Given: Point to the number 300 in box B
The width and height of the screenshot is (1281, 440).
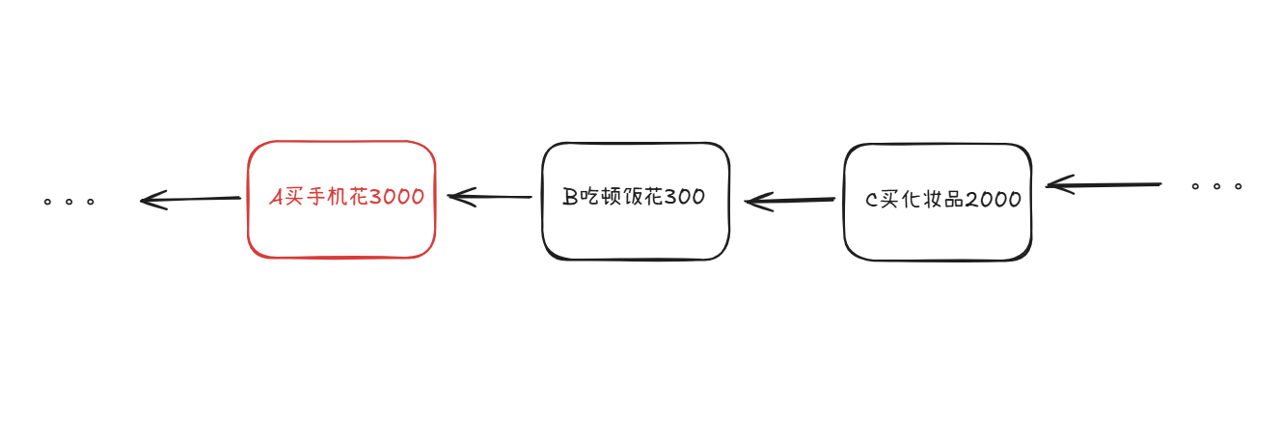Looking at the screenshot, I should pos(685,197).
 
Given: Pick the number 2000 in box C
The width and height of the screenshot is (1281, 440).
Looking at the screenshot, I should pos(993,200).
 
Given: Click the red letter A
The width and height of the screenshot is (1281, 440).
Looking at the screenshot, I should pos(276,197).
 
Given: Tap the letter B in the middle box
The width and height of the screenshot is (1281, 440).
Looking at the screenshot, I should pos(570,197).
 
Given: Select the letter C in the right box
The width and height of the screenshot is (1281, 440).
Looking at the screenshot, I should pos(871,201).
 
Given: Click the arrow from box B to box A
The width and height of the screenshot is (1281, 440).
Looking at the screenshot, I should pos(490,197).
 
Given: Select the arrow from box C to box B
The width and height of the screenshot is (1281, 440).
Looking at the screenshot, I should pos(790,201).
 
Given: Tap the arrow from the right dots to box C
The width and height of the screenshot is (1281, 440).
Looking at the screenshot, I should pos(1104,184).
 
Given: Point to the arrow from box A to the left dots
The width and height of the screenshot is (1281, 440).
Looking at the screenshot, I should pos(190,200).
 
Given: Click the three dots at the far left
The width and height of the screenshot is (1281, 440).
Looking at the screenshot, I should pos(68,203).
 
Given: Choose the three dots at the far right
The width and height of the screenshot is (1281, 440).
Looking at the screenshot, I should pos(1216,185).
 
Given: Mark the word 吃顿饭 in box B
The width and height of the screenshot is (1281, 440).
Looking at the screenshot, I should pos(611,197).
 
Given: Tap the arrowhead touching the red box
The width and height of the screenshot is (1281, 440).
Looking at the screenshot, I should pos(461,197).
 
